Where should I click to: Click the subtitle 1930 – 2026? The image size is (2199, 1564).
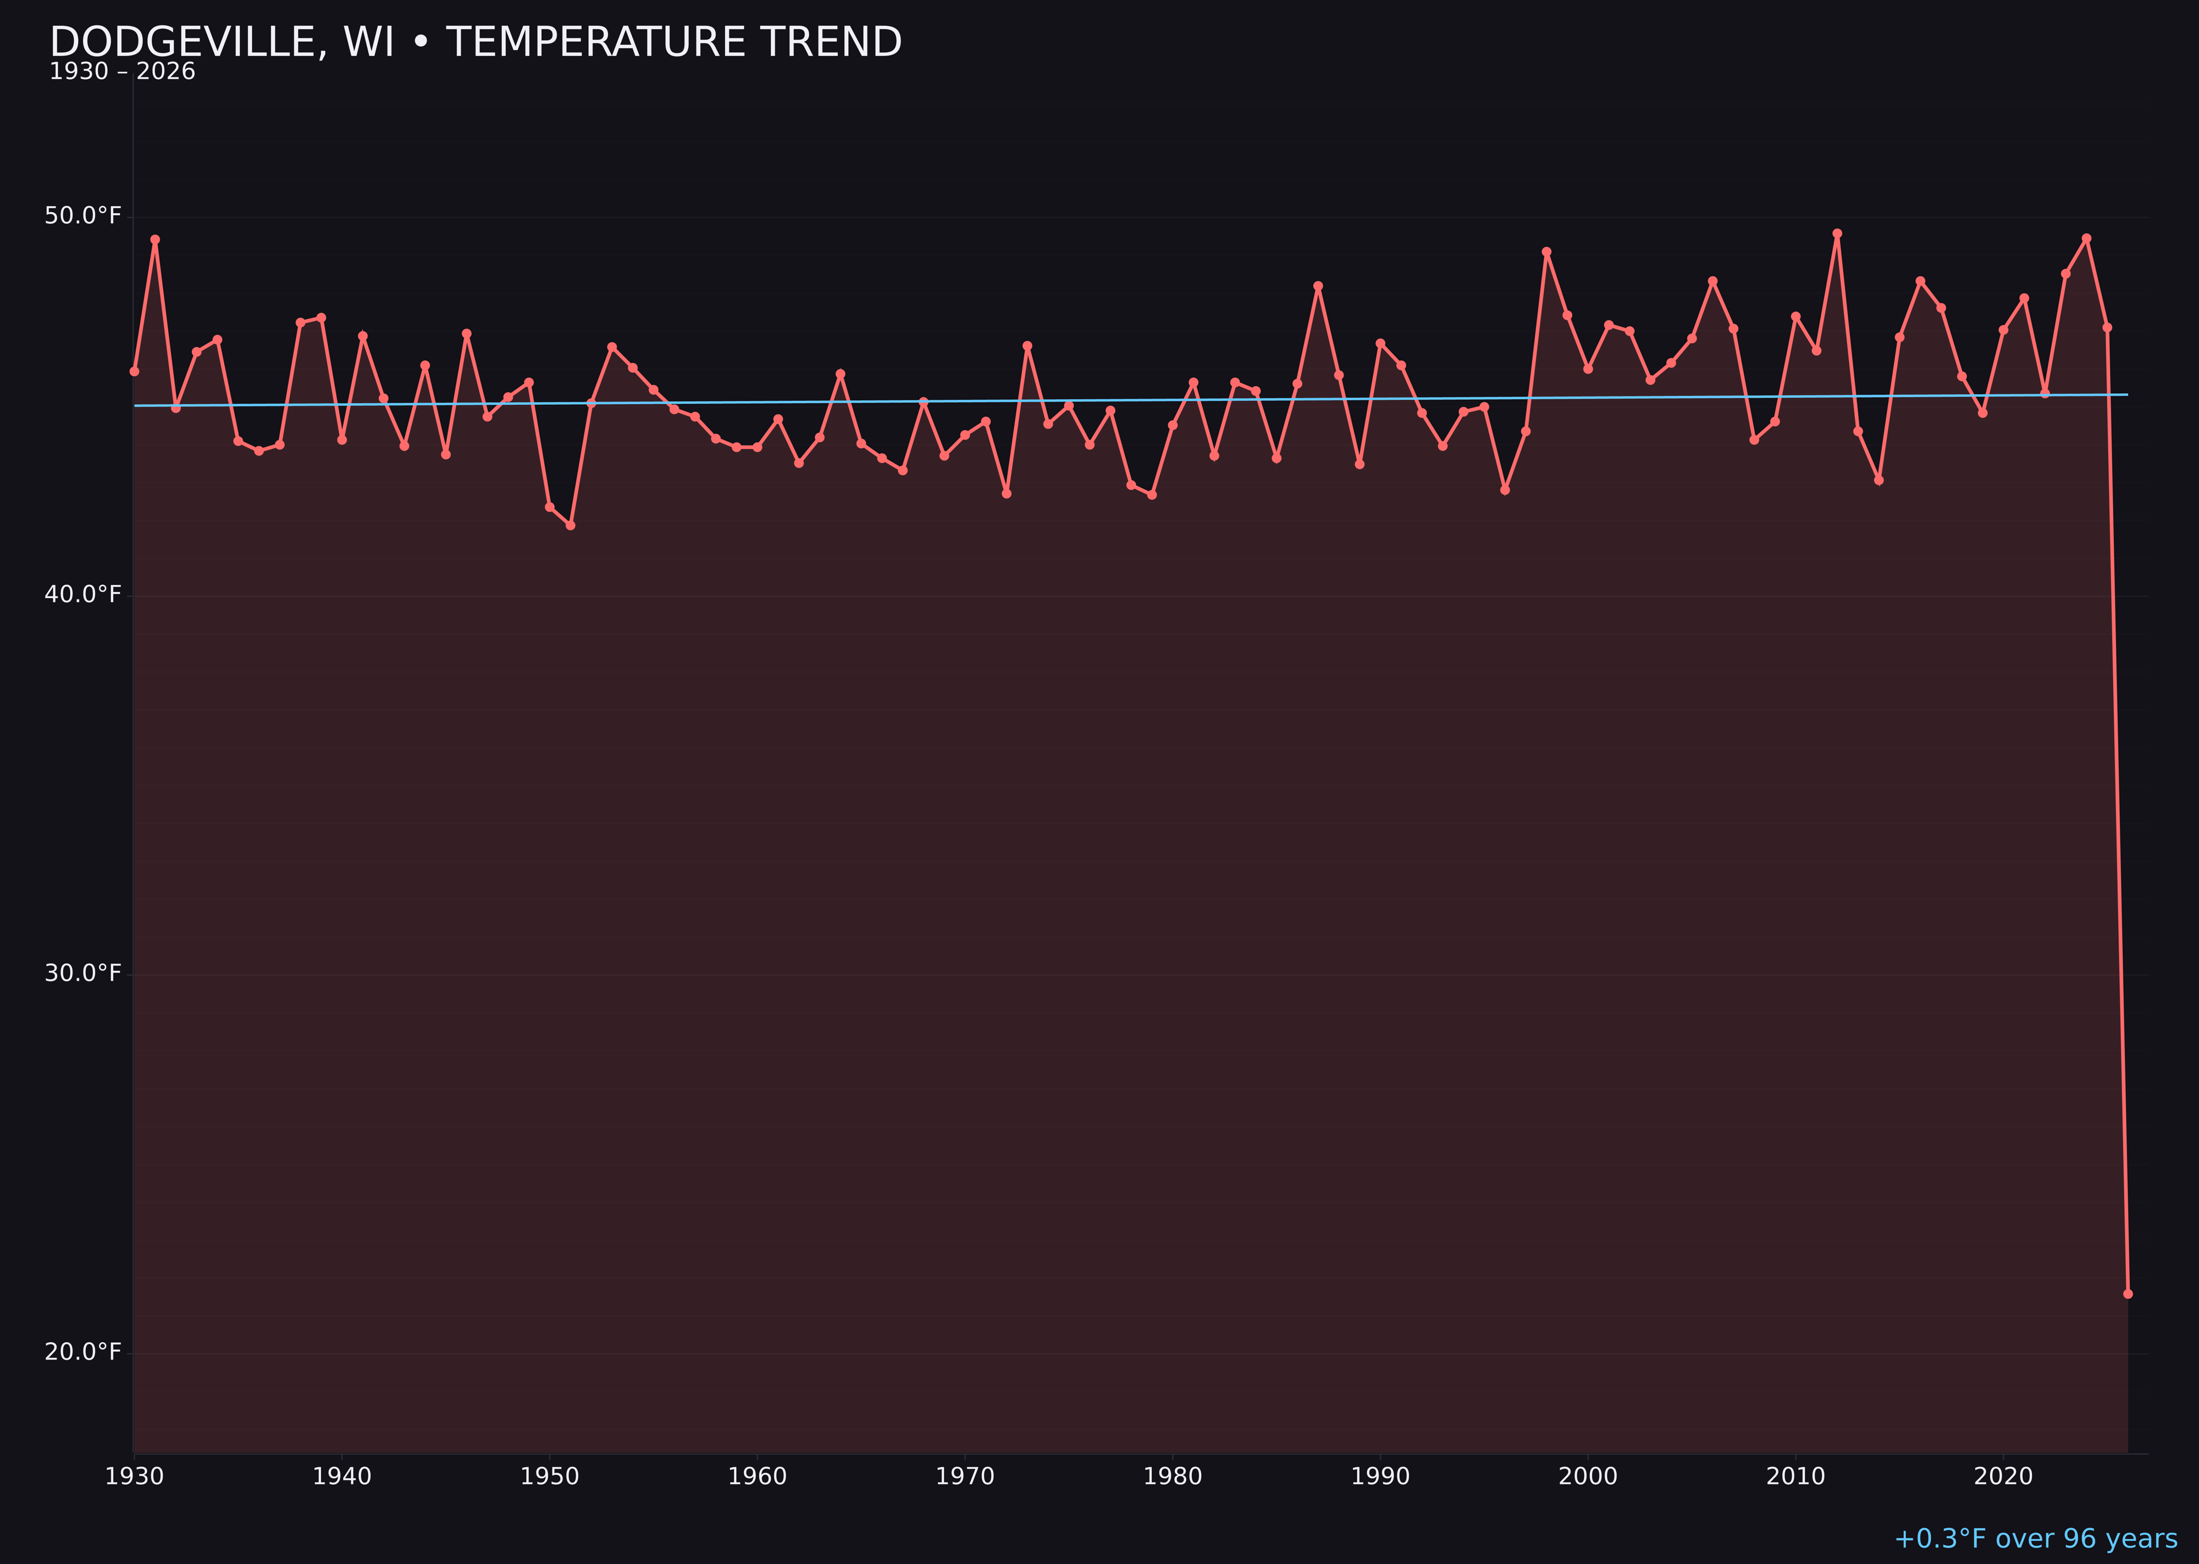pyautogui.click(x=121, y=72)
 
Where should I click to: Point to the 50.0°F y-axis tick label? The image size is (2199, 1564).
pyautogui.click(x=83, y=216)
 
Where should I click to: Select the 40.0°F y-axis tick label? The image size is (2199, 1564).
pyautogui.click(x=83, y=594)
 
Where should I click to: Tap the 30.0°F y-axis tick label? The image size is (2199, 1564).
pyautogui.click(x=83, y=973)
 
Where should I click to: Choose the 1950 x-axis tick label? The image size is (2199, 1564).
pyautogui.click(x=550, y=1477)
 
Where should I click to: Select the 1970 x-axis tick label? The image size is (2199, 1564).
pyautogui.click(x=965, y=1477)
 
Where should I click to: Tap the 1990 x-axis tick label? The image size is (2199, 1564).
pyautogui.click(x=1380, y=1477)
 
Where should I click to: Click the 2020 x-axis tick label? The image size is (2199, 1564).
pyautogui.click(x=2003, y=1477)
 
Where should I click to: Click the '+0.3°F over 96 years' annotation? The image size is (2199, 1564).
pyautogui.click(x=2035, y=1539)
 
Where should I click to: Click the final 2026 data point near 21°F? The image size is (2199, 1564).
pyautogui.click(x=2128, y=1293)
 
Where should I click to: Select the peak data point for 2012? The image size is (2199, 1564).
pyautogui.click(x=1837, y=233)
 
